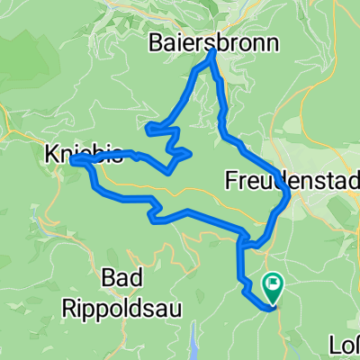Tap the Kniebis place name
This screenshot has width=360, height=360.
point(83,155)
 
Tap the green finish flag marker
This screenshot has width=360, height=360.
point(272,286)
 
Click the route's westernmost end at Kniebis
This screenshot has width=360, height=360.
point(72,160)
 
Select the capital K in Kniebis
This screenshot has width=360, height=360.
point(50,155)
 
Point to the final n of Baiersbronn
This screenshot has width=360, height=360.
point(272,42)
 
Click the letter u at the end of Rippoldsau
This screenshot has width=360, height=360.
point(176,308)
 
